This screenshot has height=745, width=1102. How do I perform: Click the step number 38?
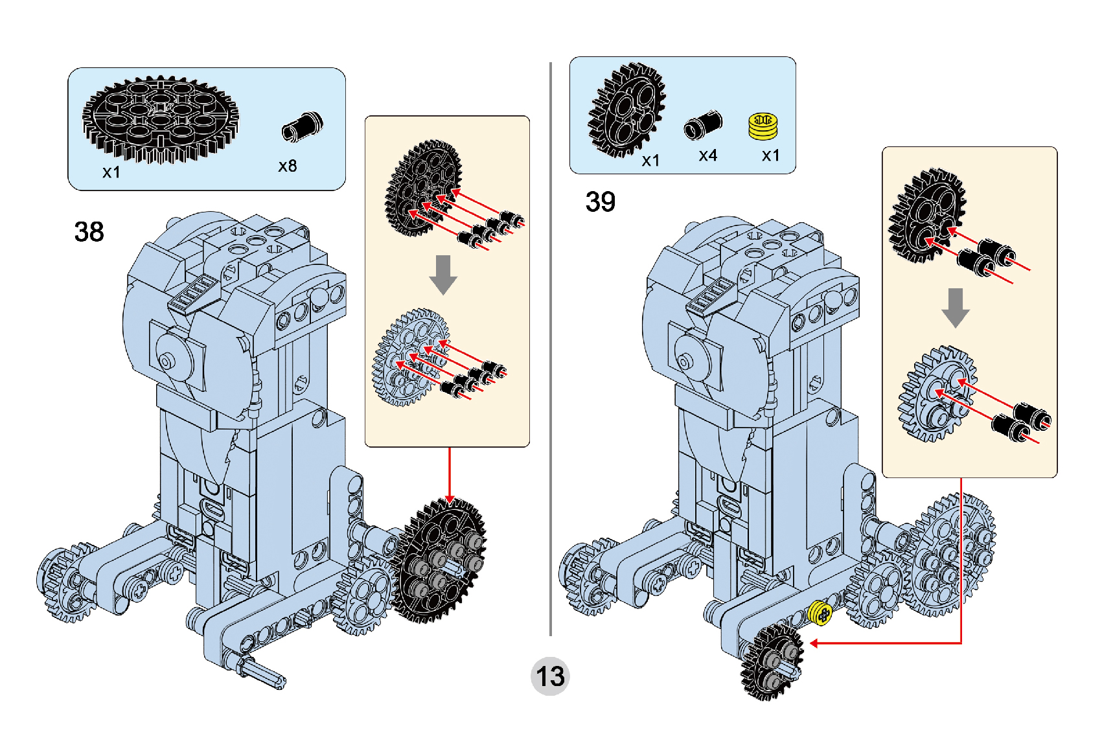tap(89, 231)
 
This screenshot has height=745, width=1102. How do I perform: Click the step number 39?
tap(600, 201)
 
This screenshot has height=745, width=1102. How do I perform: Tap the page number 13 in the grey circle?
tap(550, 676)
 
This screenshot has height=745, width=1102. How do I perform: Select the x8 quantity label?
tap(288, 166)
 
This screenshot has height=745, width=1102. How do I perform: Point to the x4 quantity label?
tap(707, 155)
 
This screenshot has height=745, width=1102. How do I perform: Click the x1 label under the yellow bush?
tap(770, 155)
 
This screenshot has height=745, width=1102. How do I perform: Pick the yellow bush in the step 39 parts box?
tap(763, 126)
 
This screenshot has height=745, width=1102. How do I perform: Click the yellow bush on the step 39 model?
tap(820, 613)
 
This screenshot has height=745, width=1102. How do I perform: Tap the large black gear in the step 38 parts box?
tap(160, 118)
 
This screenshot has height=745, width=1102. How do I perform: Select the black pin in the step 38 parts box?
tap(302, 126)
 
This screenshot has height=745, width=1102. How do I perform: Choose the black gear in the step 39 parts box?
tap(626, 110)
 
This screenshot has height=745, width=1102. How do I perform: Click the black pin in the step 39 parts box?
tap(703, 124)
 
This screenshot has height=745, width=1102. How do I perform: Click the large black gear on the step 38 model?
tap(441, 560)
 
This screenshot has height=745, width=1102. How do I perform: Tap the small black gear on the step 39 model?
tap(773, 662)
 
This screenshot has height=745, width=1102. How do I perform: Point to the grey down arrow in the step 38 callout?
tap(443, 274)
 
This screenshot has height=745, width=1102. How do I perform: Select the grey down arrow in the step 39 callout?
tap(955, 307)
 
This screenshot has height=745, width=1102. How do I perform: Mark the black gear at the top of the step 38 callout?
tap(423, 188)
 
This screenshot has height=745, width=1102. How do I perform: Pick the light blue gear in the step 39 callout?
tap(937, 393)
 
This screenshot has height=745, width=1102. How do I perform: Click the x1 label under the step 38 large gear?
tap(111, 172)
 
